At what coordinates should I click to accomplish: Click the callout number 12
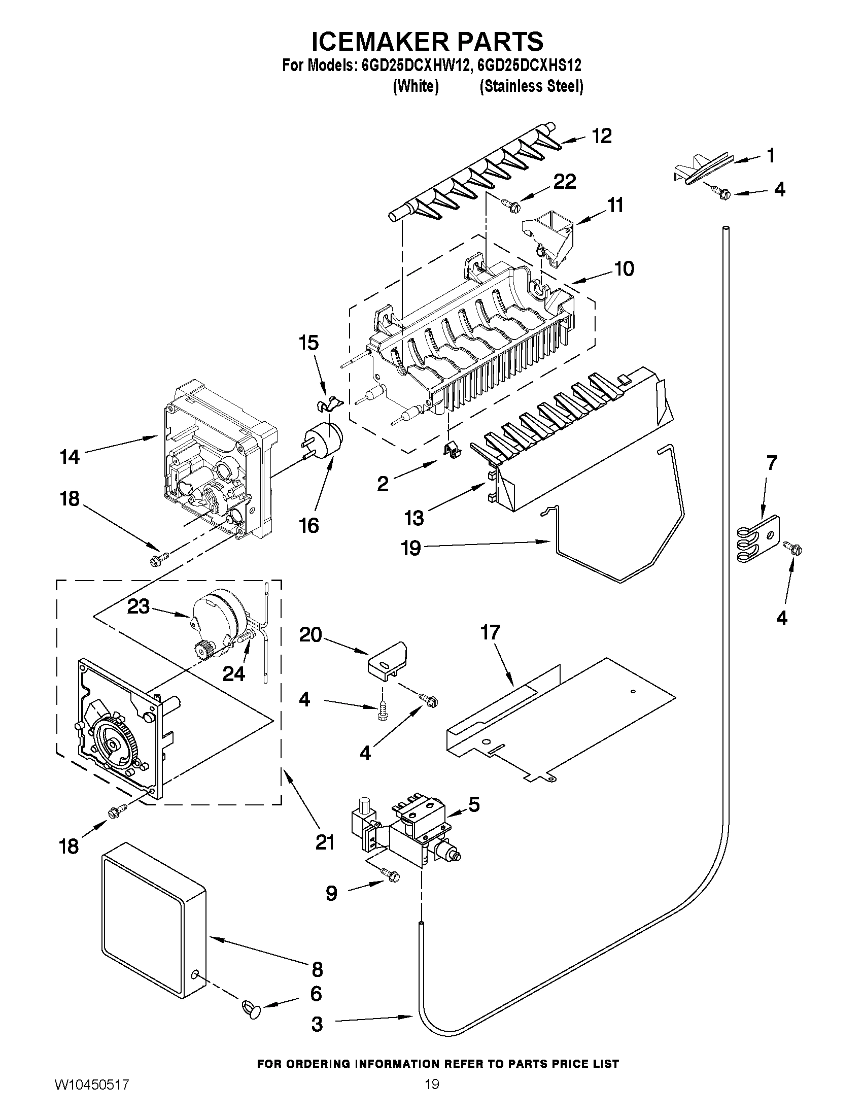pos(602,136)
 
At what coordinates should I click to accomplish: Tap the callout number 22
pos(565,182)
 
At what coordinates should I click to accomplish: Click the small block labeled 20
pos(388,663)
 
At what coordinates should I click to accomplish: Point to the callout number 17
pos(490,633)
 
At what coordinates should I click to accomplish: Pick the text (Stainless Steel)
pos(531,86)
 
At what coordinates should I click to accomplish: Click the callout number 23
pos(138,606)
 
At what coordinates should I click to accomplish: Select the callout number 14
pos(70,457)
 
